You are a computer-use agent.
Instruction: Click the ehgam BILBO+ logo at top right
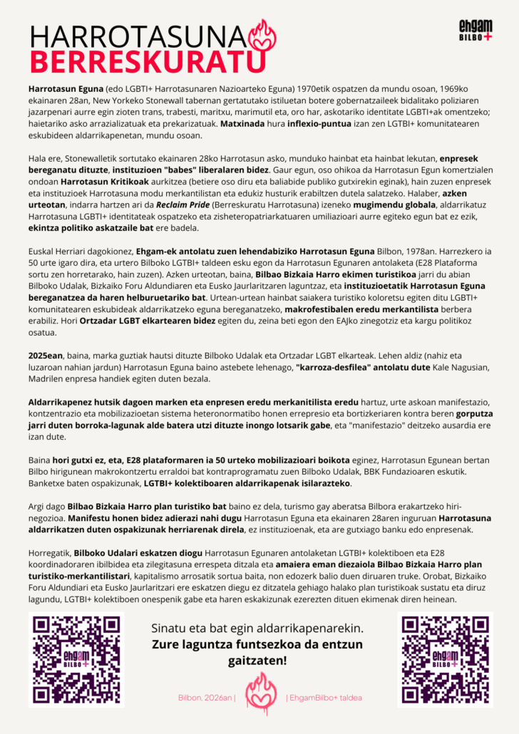coord(476,31)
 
